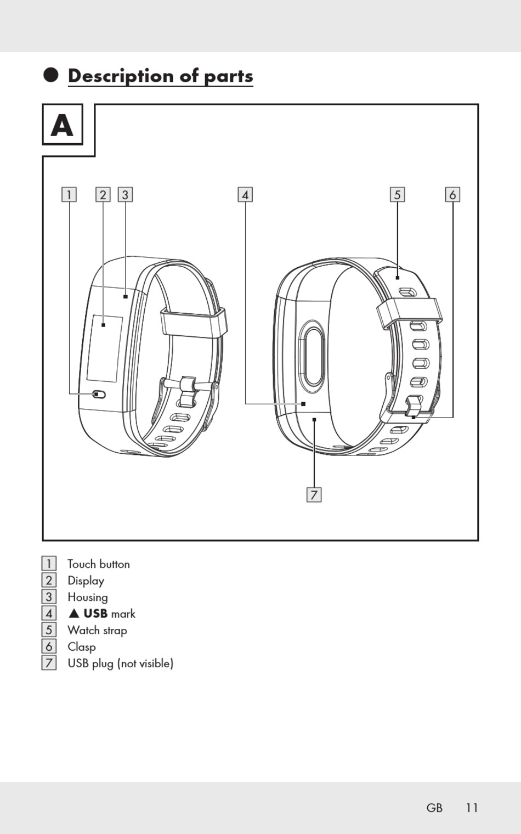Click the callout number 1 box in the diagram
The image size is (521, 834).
[69, 195]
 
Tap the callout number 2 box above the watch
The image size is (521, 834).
[103, 195]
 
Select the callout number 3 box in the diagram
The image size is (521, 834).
[125, 195]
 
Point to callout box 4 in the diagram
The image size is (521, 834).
[245, 195]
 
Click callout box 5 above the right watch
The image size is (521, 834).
[398, 195]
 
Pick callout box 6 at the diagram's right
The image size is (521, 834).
[452, 195]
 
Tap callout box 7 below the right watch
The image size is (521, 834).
[314, 495]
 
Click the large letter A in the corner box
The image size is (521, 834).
[62, 126]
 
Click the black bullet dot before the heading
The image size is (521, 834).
[51, 75]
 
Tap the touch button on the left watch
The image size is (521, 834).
[99, 395]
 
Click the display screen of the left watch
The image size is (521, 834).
[104, 348]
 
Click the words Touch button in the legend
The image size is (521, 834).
[99, 564]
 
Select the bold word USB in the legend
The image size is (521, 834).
[95, 614]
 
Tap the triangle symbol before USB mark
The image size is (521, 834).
[74, 614]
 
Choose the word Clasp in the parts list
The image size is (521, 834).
[82, 647]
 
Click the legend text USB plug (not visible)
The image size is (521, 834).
[120, 663]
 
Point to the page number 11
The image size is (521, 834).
[472, 808]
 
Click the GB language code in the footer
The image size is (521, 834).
[434, 808]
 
